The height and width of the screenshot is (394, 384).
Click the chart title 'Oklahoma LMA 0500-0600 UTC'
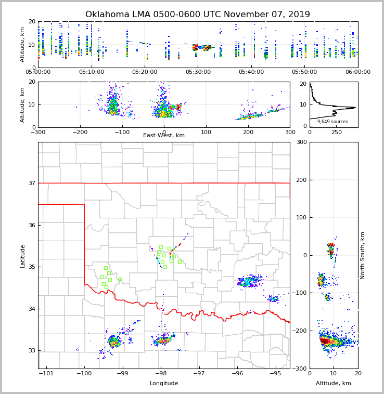point(197,15)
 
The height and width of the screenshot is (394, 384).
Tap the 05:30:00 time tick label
point(198,72)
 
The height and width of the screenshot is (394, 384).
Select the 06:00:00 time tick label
point(357,72)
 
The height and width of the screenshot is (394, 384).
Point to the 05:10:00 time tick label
point(92,72)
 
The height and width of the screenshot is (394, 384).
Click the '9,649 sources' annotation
point(332,122)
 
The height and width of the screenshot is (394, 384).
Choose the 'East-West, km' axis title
point(164,136)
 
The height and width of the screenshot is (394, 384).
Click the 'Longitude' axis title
point(164,384)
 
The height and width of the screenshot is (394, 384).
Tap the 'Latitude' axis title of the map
point(23,256)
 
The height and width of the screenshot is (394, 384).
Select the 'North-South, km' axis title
point(363,255)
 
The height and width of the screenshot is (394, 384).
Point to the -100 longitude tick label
point(84,373)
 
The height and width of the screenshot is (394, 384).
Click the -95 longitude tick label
point(275,373)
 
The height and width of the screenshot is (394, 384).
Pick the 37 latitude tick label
point(31,183)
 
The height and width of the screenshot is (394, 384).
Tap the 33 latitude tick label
point(31,351)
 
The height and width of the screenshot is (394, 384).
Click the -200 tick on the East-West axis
point(80,132)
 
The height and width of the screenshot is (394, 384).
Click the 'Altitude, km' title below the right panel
point(334,384)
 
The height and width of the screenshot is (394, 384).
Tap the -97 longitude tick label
point(199,373)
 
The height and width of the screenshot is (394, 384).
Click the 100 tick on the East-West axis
point(206,132)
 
